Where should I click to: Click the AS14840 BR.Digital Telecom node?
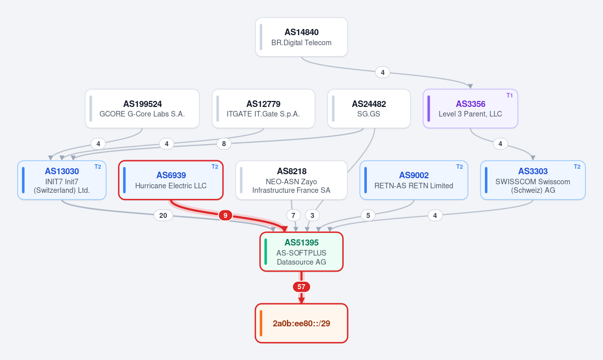(301, 37)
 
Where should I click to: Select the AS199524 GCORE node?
(142, 108)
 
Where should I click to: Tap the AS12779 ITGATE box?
(263, 108)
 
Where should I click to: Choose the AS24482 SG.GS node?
(369, 108)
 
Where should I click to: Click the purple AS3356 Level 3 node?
(470, 108)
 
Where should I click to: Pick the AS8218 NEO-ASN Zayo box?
(291, 180)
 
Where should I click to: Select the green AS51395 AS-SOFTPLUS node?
(301, 252)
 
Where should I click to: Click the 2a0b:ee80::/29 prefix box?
(301, 323)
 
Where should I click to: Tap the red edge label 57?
(301, 287)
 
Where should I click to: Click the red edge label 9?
(225, 215)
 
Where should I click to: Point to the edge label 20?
(163, 215)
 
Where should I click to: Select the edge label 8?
(224, 144)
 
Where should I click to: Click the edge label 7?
(293, 215)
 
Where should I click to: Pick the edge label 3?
(312, 215)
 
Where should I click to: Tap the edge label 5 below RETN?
(368, 215)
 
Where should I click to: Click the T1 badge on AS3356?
(510, 95)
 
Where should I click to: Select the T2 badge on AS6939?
(215, 167)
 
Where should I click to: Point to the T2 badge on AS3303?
(577, 167)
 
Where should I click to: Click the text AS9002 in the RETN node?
(414, 175)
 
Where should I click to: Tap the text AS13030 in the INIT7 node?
(62, 171)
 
